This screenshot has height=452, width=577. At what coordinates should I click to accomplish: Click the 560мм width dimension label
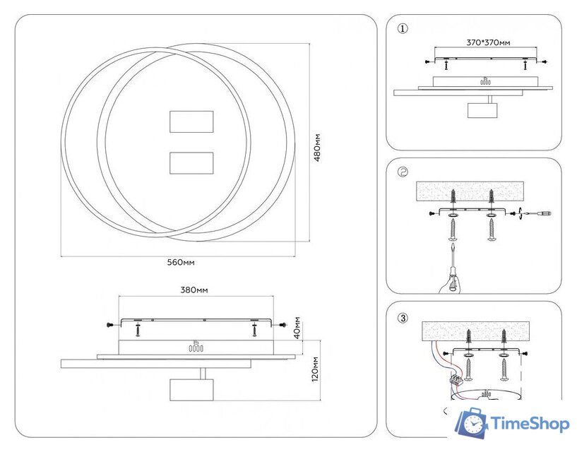180,262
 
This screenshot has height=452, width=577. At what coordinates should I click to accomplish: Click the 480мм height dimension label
319,148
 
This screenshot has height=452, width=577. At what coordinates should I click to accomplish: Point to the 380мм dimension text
194,290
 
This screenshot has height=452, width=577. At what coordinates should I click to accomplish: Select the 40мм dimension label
298,328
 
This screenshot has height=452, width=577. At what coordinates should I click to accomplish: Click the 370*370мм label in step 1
487,42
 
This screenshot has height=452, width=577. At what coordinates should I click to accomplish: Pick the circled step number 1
403,29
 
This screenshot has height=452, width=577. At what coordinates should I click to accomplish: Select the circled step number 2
403,172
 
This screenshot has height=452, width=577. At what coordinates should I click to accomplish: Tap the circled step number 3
403,317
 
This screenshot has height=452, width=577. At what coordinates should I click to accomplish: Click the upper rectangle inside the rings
191,121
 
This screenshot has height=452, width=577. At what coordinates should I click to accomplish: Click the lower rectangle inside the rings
191,162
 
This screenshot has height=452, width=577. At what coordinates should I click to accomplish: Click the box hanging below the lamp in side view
191,391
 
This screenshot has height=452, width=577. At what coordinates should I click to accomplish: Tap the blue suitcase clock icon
471,422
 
